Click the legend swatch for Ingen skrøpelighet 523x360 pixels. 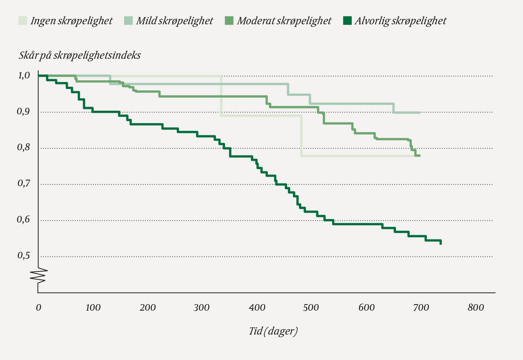23,21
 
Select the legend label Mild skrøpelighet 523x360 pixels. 174,21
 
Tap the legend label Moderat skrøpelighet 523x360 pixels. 284,21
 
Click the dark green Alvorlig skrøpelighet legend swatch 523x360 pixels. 347,21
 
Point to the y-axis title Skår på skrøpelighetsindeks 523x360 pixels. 79,55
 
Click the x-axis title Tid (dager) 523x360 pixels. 273,331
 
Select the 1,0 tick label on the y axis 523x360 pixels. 24,75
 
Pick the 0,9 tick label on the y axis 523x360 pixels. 24,111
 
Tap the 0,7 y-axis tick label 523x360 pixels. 24,184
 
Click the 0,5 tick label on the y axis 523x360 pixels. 24,256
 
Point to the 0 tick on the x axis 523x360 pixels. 38,308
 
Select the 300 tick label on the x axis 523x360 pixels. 201,308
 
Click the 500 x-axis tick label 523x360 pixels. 311,308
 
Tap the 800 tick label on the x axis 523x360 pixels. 475,308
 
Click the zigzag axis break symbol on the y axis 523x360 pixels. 39,275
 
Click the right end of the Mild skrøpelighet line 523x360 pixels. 420,112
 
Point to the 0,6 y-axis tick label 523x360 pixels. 24,220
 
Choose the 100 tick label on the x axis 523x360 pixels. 93,308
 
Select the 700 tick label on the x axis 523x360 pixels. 421,308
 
